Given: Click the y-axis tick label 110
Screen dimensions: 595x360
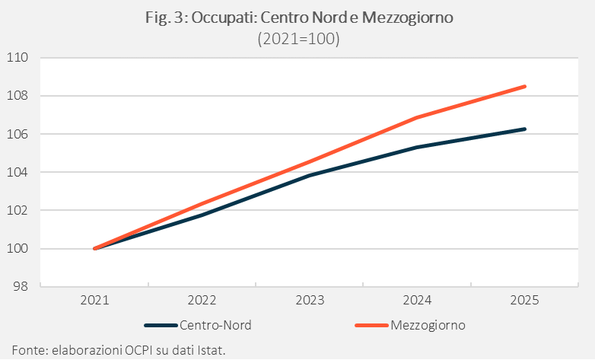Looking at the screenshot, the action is (x=17, y=58).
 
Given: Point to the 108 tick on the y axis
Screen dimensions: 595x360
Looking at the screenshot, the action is (x=17, y=96).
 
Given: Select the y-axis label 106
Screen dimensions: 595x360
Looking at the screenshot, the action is (x=17, y=134).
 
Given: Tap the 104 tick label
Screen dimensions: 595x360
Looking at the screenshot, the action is (x=17, y=172).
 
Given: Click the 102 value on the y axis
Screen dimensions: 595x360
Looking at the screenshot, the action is (x=17, y=210).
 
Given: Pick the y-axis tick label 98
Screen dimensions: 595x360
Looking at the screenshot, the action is (x=21, y=286).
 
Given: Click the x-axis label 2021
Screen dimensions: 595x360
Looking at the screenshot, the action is (x=94, y=301).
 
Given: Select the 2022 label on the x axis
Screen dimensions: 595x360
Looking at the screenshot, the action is (x=202, y=301).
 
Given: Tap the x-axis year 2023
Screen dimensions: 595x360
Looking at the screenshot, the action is (x=310, y=301).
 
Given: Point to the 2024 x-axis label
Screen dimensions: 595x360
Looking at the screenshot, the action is (x=417, y=301).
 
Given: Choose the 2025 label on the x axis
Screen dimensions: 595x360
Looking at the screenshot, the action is (x=524, y=301).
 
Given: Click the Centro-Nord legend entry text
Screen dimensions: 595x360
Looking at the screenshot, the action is (x=215, y=326).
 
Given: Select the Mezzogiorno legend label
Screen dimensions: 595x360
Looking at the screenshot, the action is (x=428, y=326).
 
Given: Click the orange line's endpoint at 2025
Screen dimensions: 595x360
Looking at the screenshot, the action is (x=525, y=87).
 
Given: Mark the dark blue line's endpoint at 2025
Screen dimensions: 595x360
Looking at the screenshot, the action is (x=525, y=129).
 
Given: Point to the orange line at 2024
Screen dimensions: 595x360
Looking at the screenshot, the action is (x=417, y=117).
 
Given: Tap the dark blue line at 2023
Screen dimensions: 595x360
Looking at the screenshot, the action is (x=310, y=176).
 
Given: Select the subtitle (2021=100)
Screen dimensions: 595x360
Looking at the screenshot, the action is (x=298, y=39).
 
